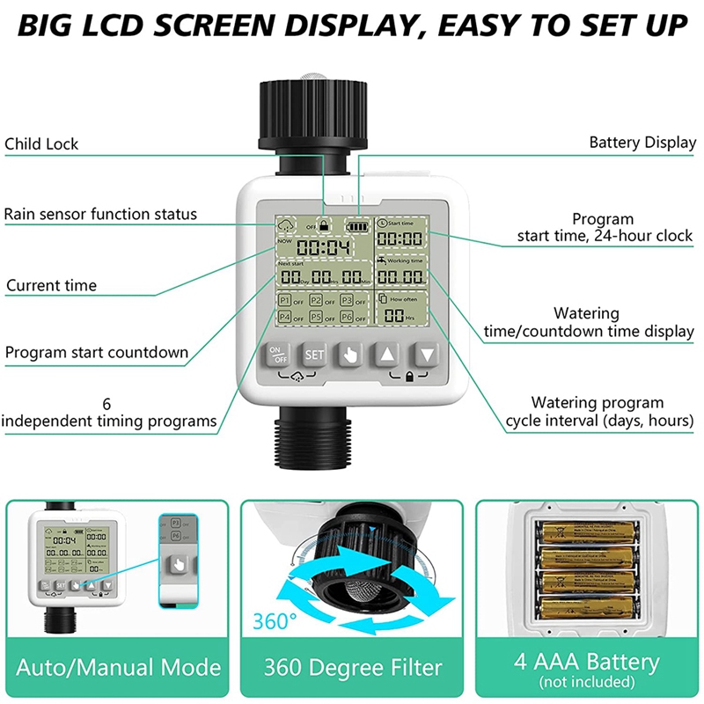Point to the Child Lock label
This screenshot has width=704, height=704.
click(41, 143)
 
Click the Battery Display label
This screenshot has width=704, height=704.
click(642, 143)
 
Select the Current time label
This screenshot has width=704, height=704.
click(51, 285)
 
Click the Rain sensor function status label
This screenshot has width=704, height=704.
click(100, 214)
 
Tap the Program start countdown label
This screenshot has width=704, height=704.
click(97, 353)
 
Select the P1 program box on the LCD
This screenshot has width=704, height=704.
click(284, 301)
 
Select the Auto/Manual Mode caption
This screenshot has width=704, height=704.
click(119, 665)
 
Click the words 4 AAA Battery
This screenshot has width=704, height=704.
click(586, 661)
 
